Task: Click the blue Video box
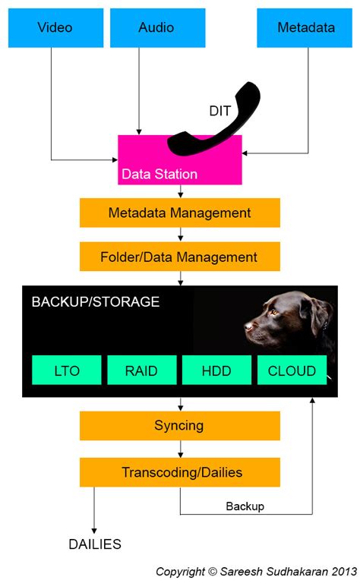click(x=55, y=28)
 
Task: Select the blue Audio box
click(x=156, y=28)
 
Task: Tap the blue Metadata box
click(x=305, y=28)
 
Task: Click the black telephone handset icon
click(x=216, y=121)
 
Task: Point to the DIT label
click(x=220, y=111)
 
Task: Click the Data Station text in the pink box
click(x=159, y=174)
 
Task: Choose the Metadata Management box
click(x=179, y=213)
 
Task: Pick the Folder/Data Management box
click(x=179, y=257)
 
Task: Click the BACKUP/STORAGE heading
click(x=95, y=302)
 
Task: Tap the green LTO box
click(x=67, y=370)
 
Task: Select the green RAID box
click(x=142, y=370)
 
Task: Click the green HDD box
click(x=216, y=370)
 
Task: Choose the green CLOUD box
click(x=292, y=370)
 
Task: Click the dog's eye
click(x=274, y=310)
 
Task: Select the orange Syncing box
click(x=179, y=425)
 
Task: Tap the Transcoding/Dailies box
click(x=179, y=472)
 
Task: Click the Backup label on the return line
click(x=245, y=506)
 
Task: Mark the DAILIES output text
click(x=95, y=544)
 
